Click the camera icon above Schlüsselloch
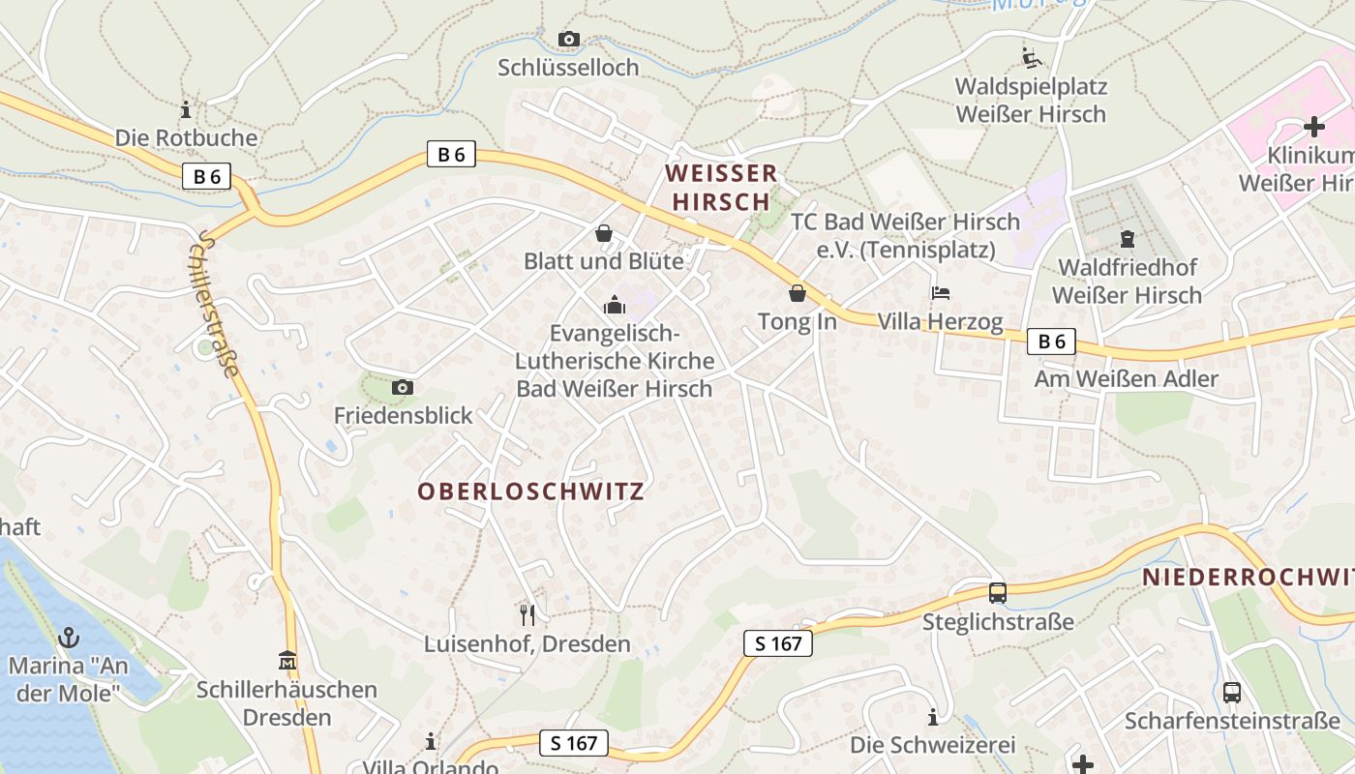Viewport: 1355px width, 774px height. (569, 40)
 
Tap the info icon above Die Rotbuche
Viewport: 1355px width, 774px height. (186, 109)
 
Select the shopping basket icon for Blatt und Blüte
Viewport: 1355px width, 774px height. (604, 233)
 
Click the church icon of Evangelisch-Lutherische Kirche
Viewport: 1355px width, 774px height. (614, 306)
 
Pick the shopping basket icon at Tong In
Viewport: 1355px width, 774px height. (797, 292)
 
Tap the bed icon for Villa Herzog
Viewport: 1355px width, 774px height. (940, 292)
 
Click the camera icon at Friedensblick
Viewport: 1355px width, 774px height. (402, 387)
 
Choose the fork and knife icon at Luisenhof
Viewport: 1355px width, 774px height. (527, 614)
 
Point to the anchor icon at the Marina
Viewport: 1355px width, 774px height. (68, 638)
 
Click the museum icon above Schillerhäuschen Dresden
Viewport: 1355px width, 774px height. (286, 661)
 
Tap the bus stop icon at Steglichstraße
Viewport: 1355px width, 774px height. (997, 593)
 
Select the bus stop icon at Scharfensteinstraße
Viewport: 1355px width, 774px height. (1231, 693)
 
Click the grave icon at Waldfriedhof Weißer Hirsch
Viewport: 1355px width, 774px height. (1127, 238)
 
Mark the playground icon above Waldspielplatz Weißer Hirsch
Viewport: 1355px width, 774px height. (1031, 57)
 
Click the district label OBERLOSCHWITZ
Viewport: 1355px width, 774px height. (530, 491)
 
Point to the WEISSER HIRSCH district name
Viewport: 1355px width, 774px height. (721, 188)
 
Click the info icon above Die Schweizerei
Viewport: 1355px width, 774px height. (933, 717)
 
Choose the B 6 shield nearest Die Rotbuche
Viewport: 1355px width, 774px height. (206, 176)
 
